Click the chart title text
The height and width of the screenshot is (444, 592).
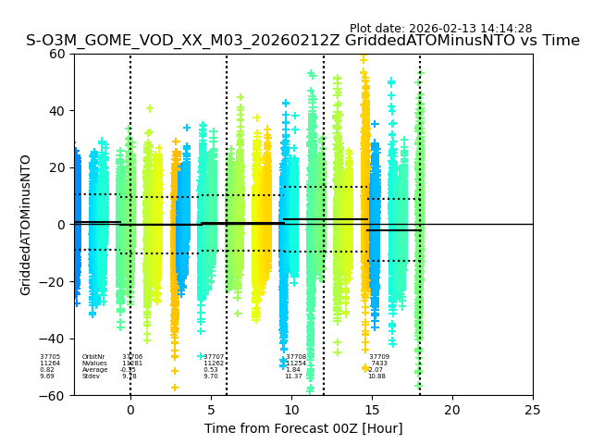coord(302,41)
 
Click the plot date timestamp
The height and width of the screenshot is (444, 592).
coord(440,29)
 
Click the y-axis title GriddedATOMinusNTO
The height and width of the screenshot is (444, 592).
coord(26,225)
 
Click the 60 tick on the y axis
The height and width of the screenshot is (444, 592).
coord(56,54)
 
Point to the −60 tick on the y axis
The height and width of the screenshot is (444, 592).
coord(53,395)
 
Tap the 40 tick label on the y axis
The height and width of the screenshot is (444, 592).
coord(56,111)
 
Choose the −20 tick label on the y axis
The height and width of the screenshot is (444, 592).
coord(53,282)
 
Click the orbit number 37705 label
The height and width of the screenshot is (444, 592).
coord(50,357)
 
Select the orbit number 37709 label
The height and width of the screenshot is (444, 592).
coord(379,357)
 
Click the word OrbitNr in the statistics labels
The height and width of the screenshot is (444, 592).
coord(93,357)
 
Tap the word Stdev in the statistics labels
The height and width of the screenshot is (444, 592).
coord(91,376)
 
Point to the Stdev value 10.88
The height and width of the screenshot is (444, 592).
coord(376,376)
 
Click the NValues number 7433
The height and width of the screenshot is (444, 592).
coord(378,364)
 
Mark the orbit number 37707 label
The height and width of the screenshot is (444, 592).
coord(214,357)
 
